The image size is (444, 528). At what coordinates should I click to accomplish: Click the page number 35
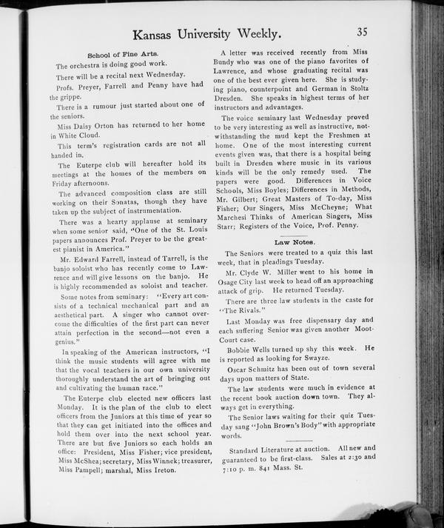click(x=362, y=31)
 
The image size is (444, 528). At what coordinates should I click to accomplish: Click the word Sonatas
click(x=129, y=201)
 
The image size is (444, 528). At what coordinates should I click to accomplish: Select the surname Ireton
click(x=161, y=469)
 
